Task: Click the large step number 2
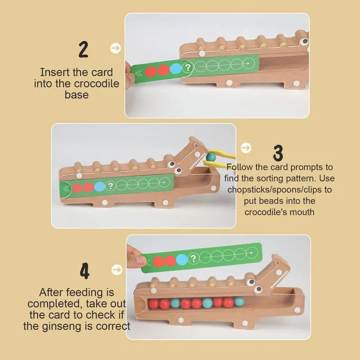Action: pos(83,49)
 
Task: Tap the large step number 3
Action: pos(279,153)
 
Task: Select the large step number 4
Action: pos(84,271)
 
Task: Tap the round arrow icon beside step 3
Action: pos(246,148)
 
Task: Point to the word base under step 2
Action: pos(76,95)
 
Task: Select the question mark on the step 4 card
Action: pos(193,259)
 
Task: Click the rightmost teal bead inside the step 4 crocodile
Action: pos(238,302)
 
